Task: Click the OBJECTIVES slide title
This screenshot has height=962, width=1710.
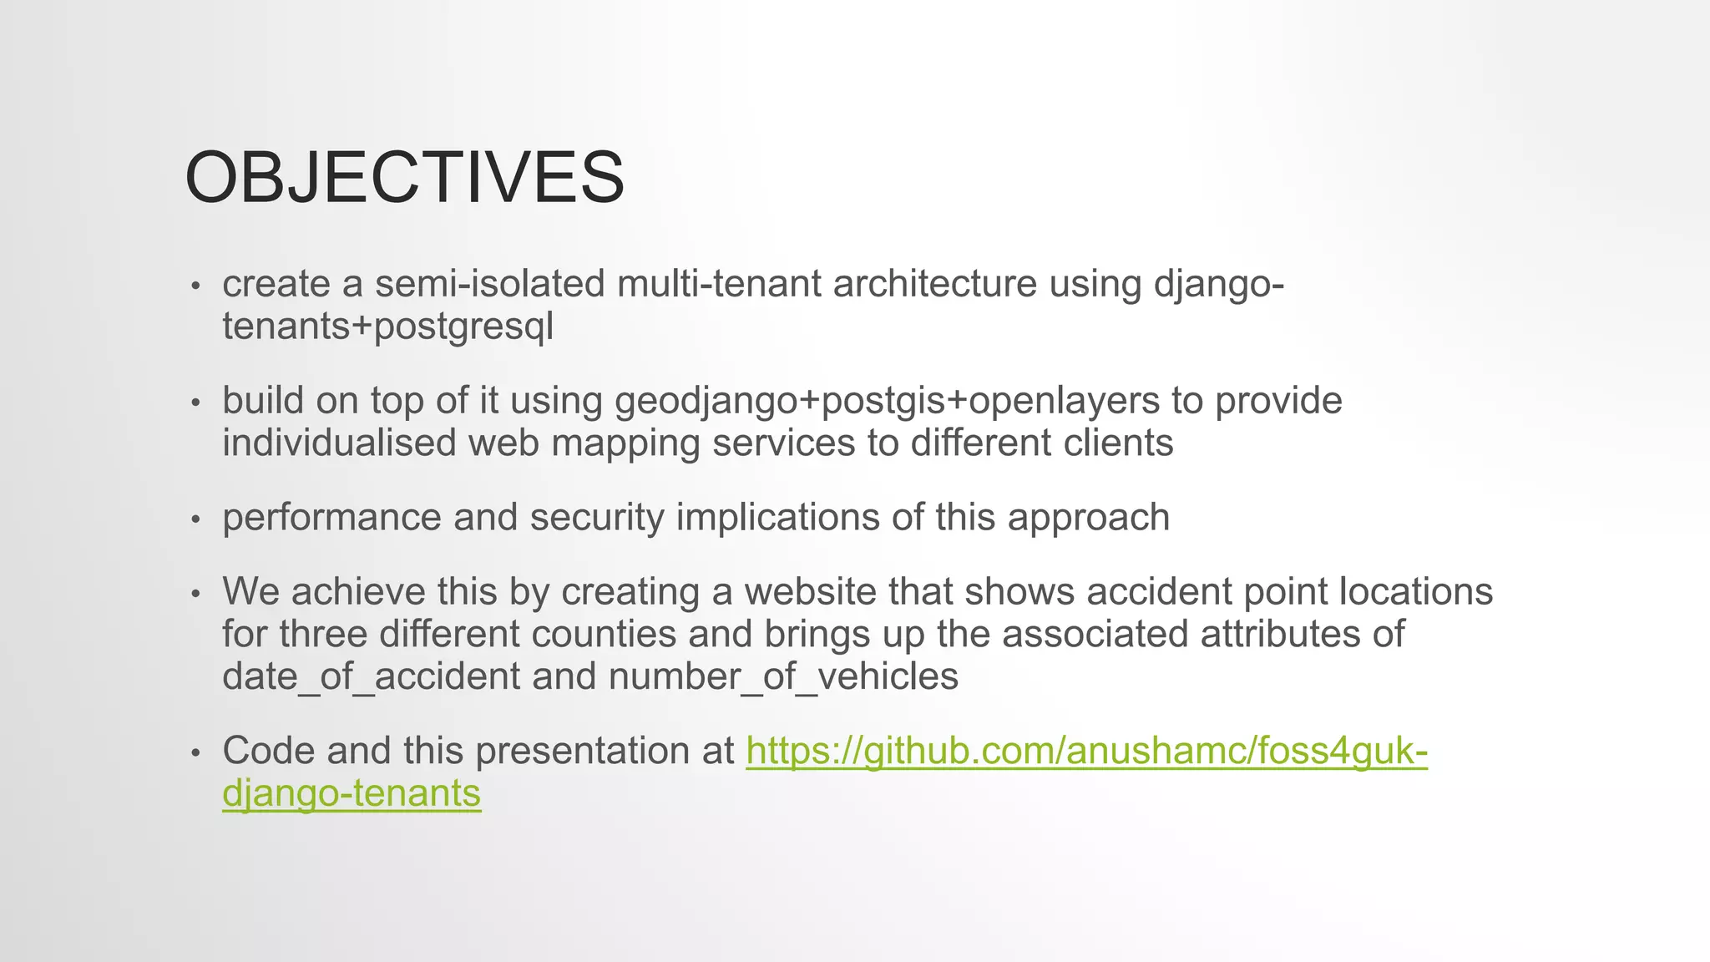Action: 404,177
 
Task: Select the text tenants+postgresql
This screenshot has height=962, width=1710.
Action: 387,327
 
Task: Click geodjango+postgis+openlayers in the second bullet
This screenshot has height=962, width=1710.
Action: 887,401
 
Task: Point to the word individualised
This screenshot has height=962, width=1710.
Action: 339,443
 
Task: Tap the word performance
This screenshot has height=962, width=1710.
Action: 331,517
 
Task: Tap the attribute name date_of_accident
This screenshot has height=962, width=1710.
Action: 372,676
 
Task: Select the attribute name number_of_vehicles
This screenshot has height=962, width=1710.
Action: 783,676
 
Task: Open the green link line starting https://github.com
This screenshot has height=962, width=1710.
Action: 1086,751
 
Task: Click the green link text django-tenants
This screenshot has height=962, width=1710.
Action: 352,793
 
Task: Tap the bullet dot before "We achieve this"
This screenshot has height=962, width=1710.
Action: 195,595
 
